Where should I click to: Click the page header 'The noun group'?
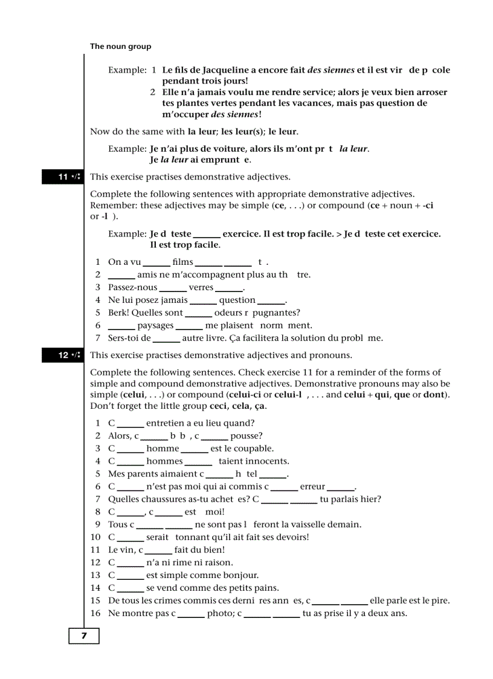120,47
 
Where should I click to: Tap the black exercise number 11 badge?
62,177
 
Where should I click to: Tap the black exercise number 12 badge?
62,356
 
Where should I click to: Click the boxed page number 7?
83,636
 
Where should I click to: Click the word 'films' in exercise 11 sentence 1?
182,262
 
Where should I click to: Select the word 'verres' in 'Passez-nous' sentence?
201,288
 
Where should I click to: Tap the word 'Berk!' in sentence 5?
118,313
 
